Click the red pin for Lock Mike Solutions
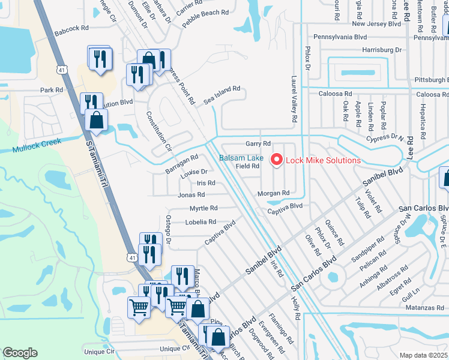(277, 160)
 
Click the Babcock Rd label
(71, 28)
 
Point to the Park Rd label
(51, 90)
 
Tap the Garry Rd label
(258, 143)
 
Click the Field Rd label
(247, 166)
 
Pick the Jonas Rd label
(191, 194)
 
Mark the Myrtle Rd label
(203, 208)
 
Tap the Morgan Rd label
(273, 193)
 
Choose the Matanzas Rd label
(424, 307)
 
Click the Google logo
(20, 353)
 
